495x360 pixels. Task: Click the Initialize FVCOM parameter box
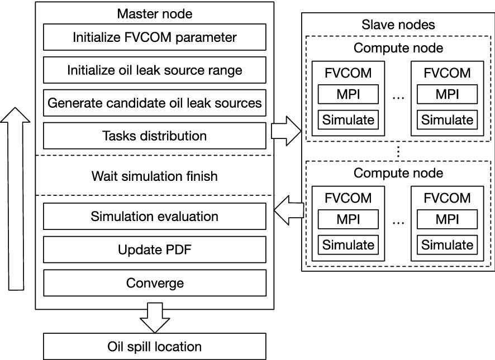155,39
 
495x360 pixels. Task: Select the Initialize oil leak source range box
155,71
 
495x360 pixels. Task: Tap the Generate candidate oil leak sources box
155,103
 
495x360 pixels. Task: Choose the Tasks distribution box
155,136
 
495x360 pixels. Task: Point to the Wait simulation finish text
155,176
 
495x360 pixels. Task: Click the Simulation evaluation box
155,217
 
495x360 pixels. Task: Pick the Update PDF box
155,249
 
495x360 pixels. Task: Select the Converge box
155,283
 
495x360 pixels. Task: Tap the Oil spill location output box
155,347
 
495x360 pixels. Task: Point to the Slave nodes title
398,25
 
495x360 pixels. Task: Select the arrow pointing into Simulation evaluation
289,210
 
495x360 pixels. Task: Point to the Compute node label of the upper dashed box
398,48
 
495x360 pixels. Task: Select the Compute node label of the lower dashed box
398,173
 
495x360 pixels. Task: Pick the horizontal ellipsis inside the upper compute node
398,98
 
